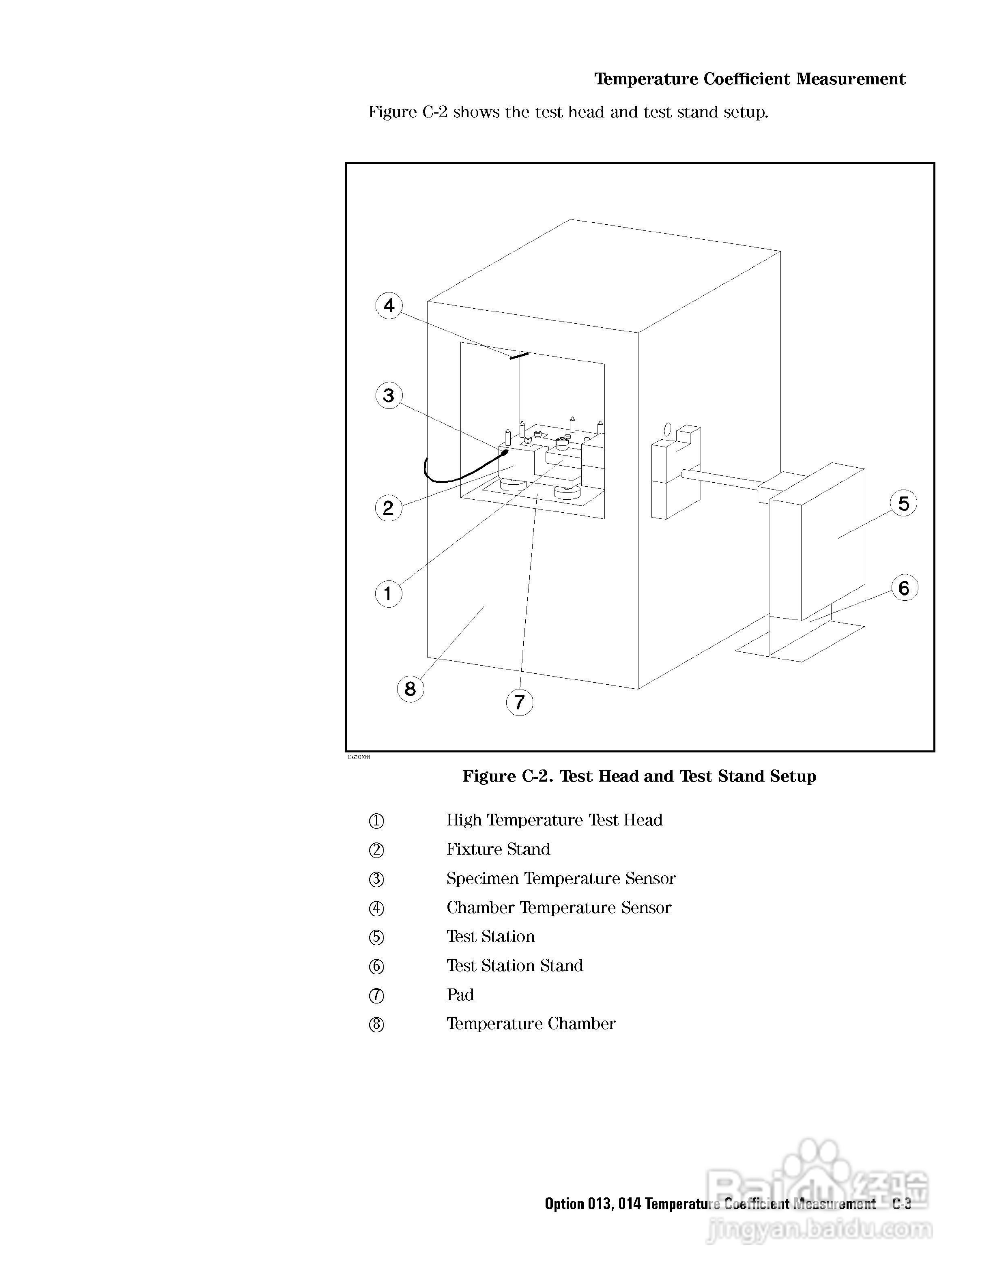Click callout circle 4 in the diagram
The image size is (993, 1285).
coord(389,306)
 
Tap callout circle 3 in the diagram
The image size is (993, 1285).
coord(389,395)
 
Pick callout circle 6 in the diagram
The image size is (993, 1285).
coord(904,588)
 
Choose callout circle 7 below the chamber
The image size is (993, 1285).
coord(520,702)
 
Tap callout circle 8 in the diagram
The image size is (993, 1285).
coord(411,688)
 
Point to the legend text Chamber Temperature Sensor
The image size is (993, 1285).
coord(559,908)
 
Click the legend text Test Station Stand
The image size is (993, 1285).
coord(515,965)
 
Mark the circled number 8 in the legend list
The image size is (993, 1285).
coord(376,1024)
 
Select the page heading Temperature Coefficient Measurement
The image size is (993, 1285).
coord(750,79)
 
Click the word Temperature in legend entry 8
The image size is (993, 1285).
coord(495,1024)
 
